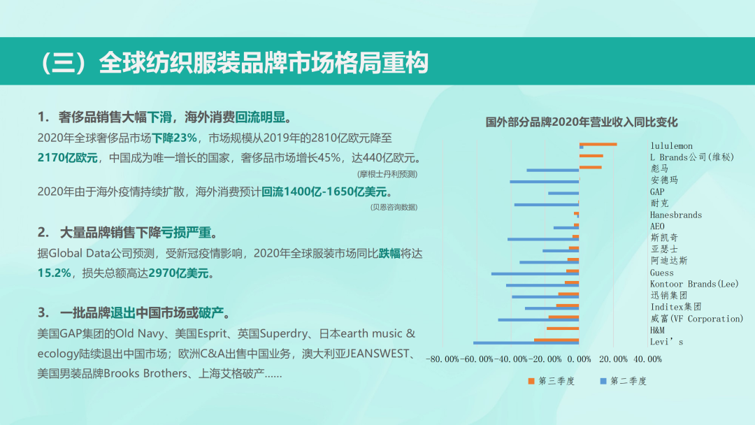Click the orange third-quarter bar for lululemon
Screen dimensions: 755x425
[x=598, y=144]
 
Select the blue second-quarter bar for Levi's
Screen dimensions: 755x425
[x=526, y=343]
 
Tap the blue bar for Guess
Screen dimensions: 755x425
[x=535, y=274]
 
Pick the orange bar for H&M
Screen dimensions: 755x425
[x=563, y=329]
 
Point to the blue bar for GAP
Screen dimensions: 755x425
[x=563, y=193]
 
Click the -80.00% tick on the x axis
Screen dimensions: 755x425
[x=443, y=359]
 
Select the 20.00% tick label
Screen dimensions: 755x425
[x=614, y=359]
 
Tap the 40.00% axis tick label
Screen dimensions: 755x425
[x=647, y=359]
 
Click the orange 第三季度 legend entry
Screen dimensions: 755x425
[x=552, y=381]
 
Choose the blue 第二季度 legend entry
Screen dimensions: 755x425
[x=623, y=381]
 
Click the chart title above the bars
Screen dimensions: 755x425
[x=581, y=122]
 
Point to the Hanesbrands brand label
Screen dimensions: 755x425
[x=675, y=215]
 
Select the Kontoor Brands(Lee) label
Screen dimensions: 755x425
[x=694, y=284]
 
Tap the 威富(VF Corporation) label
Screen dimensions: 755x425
[x=697, y=319]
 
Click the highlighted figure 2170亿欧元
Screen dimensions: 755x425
[x=67, y=158]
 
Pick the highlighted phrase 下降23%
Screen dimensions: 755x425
[x=174, y=138]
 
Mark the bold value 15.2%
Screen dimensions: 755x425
[x=54, y=273]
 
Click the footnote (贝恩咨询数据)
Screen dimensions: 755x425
[x=394, y=207]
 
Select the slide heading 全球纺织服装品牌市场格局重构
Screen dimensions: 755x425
[x=264, y=63]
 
